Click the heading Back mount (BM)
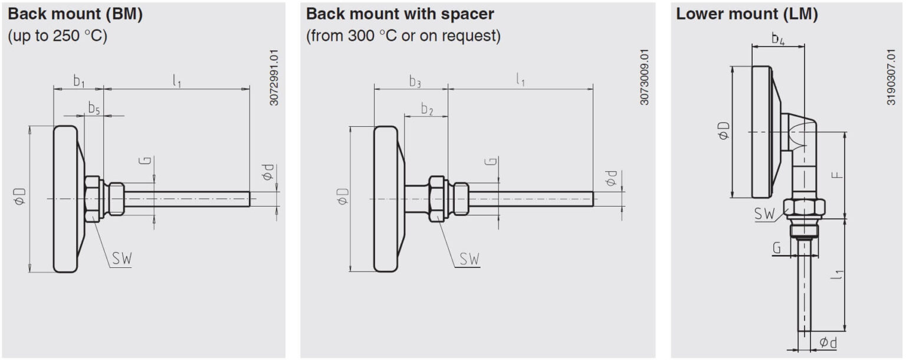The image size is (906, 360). tap(75, 14)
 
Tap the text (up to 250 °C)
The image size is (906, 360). tap(57, 36)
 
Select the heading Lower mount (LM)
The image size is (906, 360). tap(747, 14)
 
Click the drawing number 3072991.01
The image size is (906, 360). tap(274, 77)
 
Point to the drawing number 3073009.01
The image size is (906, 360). tap(644, 77)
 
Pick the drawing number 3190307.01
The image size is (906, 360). tap(891, 77)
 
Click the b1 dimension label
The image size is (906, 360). tap(79, 81)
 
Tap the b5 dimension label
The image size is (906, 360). tap(94, 109)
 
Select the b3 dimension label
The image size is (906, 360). tap(415, 81)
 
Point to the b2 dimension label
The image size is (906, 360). tap(427, 109)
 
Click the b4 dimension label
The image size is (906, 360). tap(778, 39)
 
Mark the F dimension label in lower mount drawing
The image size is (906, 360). tap(837, 175)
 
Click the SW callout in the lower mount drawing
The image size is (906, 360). tap(764, 214)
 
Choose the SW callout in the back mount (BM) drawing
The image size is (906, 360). tap(122, 258)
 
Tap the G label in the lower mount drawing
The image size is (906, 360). tap(777, 247)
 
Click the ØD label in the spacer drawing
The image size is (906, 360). tap(343, 196)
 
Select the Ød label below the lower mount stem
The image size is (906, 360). tap(828, 343)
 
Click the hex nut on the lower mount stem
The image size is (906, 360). tap(804, 208)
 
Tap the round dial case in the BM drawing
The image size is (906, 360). tap(65, 199)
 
